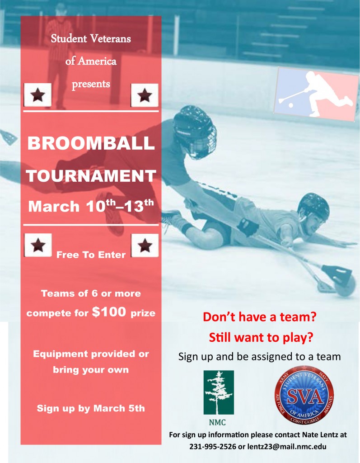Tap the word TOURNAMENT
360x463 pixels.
click(91, 175)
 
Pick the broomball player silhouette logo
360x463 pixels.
click(316, 94)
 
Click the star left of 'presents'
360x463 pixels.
click(37, 95)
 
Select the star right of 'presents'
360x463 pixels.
click(145, 95)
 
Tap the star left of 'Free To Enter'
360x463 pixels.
click(37, 246)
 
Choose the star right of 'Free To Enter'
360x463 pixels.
click(145, 246)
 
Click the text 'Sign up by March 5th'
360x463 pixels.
click(91, 408)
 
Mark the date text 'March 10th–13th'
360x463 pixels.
click(91, 206)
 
